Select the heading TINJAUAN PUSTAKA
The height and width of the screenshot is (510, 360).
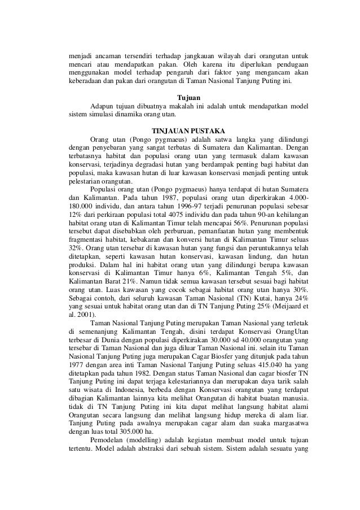click(188, 128)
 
